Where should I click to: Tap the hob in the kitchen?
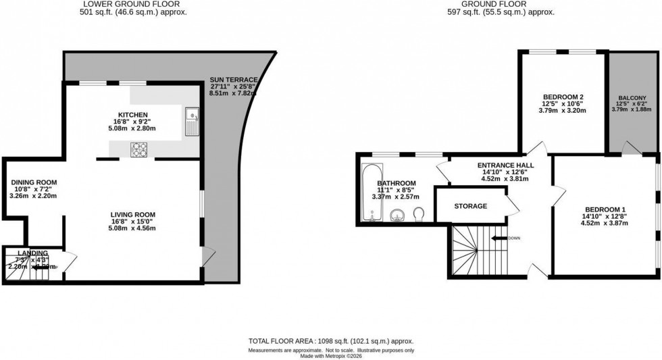click(x=139, y=149)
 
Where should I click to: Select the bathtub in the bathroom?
click(x=370, y=193)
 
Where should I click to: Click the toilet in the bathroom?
click(x=418, y=215)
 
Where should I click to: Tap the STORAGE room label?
click(x=471, y=206)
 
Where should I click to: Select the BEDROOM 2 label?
click(x=563, y=96)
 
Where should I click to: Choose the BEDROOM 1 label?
click(x=600, y=208)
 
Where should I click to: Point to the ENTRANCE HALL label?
click(x=505, y=165)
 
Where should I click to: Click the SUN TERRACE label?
click(x=234, y=79)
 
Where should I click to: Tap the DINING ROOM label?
click(x=34, y=182)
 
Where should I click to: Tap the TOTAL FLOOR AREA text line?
click(x=330, y=342)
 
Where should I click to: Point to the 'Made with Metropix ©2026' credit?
click(x=330, y=356)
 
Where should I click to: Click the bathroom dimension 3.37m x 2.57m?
click(x=396, y=197)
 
